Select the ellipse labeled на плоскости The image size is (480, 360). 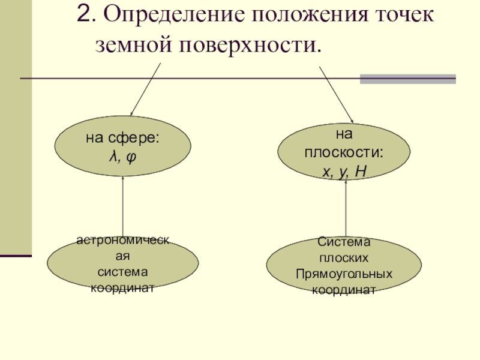pos(344,151)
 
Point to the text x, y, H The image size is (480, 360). pos(344,172)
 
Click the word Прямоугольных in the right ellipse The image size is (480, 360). pos(344,274)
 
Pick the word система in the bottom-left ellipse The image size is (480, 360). pos(122,272)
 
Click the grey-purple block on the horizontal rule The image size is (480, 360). pos(407,79)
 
